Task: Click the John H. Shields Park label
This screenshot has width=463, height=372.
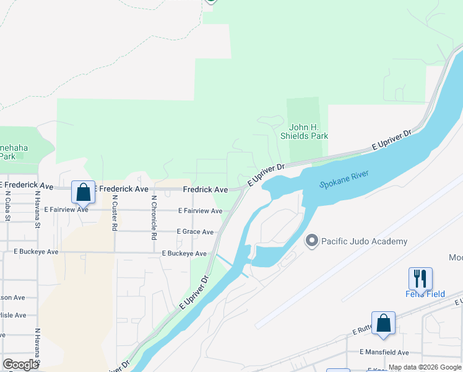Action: pos(308,131)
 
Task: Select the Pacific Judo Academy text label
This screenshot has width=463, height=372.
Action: pos(365,241)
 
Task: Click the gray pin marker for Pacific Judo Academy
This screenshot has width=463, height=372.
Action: pos(312,241)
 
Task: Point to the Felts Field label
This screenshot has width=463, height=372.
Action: pos(426,294)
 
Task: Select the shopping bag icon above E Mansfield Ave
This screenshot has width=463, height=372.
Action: pos(383,324)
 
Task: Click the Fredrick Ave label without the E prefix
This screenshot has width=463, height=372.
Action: pos(205,189)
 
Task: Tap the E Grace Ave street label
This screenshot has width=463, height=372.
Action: pos(195,232)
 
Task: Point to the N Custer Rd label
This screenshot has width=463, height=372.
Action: pos(115,213)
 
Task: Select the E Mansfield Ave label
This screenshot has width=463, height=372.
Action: pos(384,352)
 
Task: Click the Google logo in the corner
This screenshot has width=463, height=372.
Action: pos(21,365)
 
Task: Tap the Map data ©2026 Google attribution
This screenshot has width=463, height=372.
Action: pos(425,367)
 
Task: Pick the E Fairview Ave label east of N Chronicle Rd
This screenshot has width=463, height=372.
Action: pos(200,211)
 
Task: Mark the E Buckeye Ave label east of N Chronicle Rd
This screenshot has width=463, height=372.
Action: pos(184,254)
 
